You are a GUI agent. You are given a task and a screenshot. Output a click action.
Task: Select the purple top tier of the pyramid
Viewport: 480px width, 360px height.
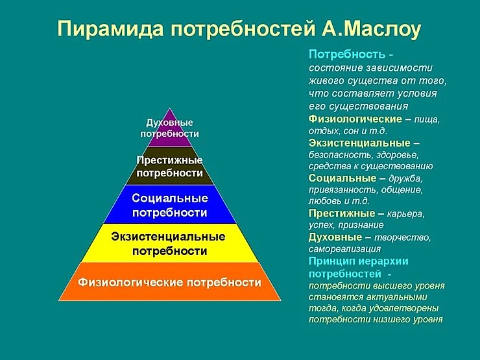click(x=169, y=127)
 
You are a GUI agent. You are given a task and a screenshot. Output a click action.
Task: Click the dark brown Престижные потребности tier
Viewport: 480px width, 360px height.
click(x=169, y=167)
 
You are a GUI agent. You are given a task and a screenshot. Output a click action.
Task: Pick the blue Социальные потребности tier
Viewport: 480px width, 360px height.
click(x=169, y=204)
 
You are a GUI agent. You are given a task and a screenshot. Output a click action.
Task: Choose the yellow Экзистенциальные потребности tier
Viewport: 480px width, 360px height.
click(x=169, y=243)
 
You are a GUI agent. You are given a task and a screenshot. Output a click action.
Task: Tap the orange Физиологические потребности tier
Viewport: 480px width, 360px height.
click(x=169, y=282)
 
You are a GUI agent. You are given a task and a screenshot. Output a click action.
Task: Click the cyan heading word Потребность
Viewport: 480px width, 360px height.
click(x=347, y=54)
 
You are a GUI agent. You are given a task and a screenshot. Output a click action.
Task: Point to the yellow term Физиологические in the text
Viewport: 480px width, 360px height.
click(x=355, y=119)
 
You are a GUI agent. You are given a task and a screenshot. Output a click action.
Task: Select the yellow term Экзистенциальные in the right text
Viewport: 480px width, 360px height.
click(x=359, y=142)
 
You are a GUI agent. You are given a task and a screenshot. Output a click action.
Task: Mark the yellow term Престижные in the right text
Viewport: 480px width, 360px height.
click(x=341, y=213)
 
